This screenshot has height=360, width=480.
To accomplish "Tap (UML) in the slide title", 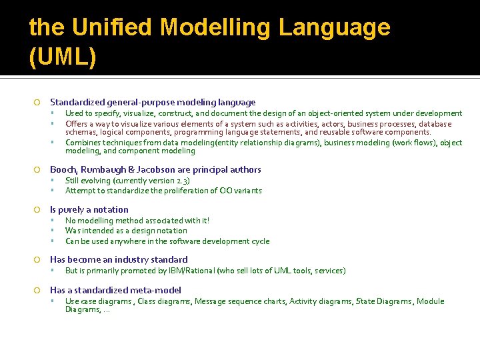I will tap(63, 57).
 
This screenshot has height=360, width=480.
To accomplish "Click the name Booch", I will tap(63, 169).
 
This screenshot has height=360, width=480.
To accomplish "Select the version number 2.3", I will tap(181, 181).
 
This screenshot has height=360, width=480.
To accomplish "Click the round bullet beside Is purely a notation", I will tap(37, 209).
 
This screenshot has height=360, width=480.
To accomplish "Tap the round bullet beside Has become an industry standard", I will tap(37, 259).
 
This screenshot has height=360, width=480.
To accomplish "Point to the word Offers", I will tap(77, 124).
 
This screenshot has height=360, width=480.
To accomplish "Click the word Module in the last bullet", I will tap(430, 301).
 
